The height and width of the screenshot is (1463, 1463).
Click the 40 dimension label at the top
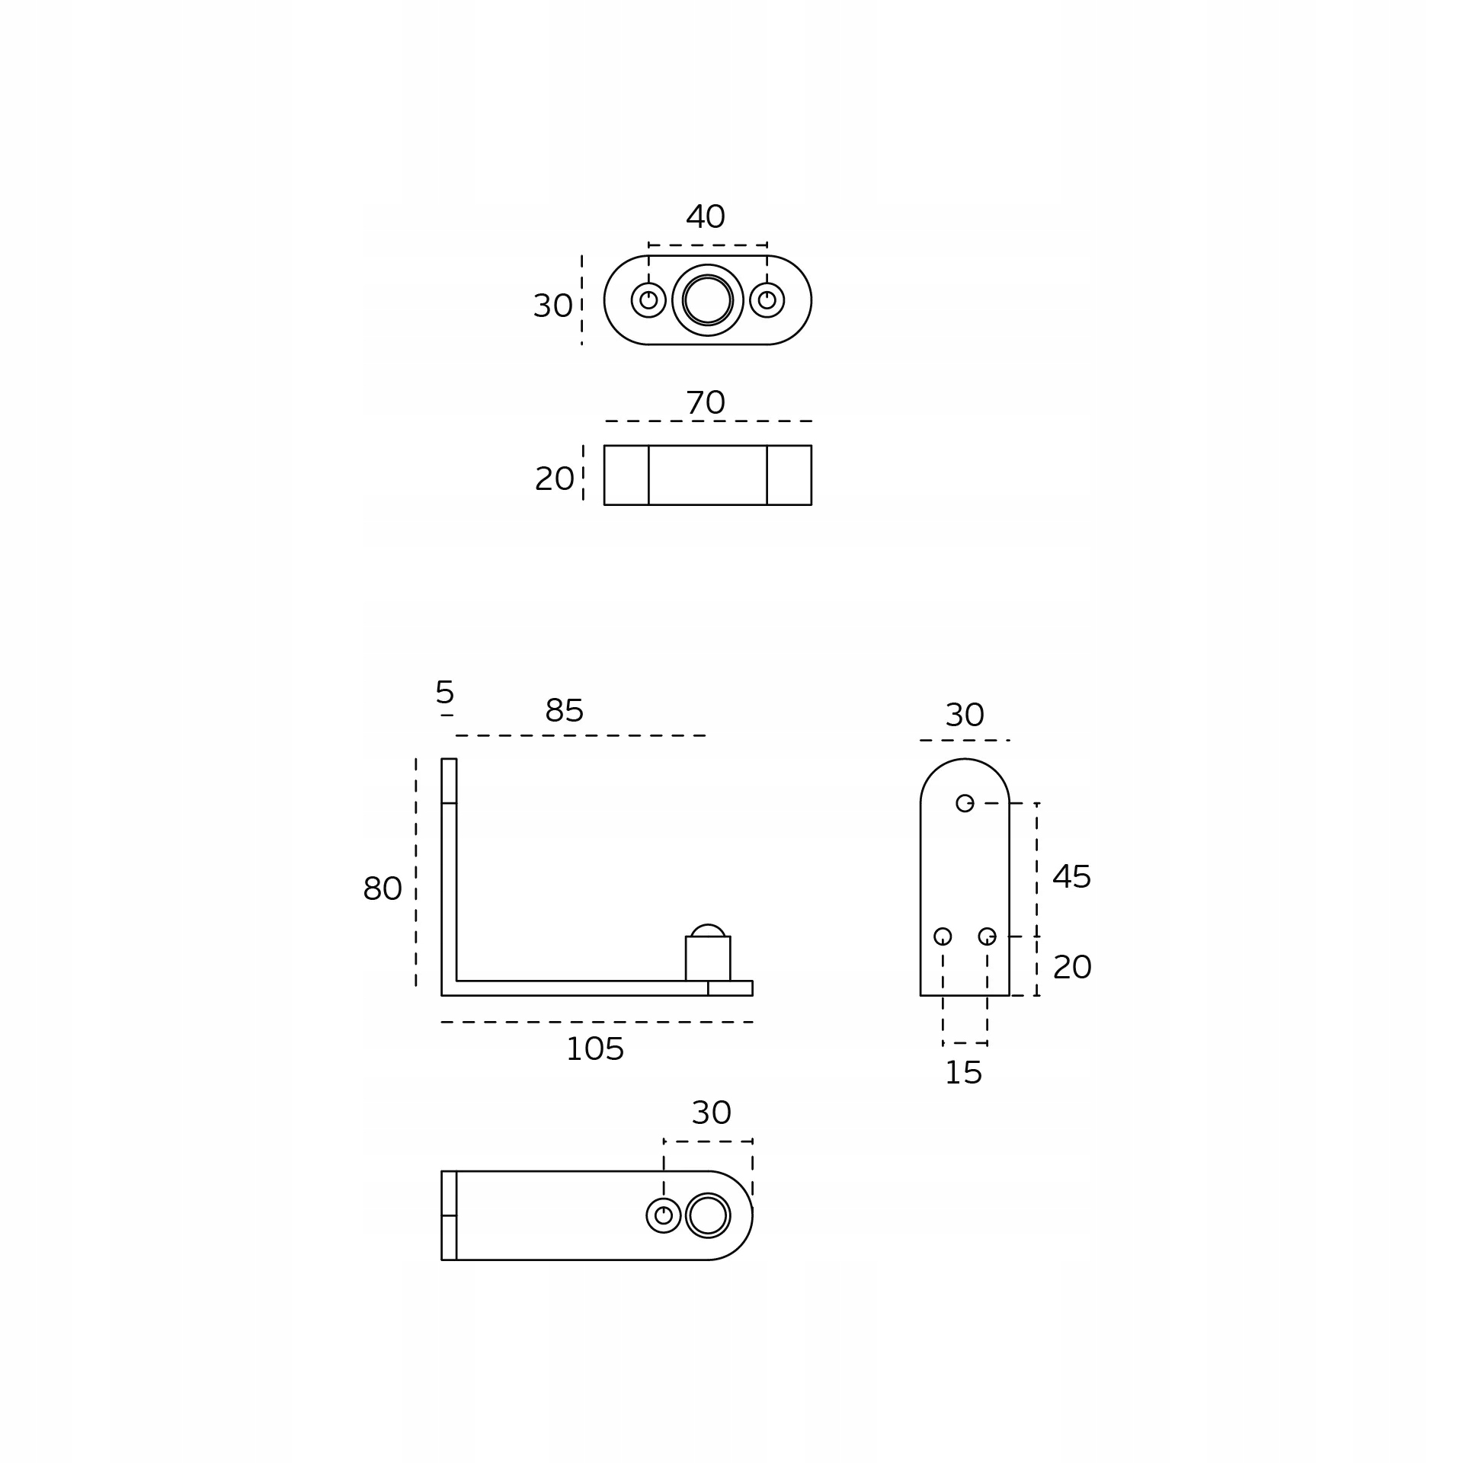(705, 217)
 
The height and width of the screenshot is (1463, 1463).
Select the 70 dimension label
(705, 403)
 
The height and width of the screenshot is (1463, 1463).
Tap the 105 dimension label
(594, 1050)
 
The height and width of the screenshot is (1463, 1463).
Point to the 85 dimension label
(564, 711)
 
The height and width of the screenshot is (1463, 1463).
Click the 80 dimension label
(382, 888)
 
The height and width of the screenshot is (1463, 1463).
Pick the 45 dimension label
(1071, 877)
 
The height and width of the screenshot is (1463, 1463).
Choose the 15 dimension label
(963, 1074)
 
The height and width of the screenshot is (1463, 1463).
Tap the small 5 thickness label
(444, 693)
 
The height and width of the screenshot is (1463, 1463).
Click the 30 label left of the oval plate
(552, 306)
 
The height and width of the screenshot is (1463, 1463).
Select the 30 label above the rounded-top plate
(965, 715)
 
